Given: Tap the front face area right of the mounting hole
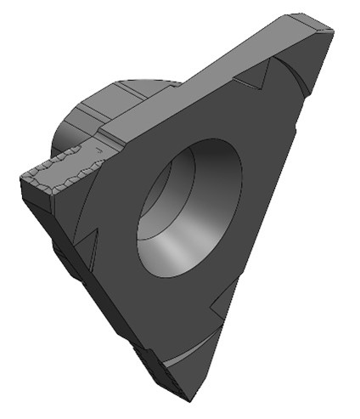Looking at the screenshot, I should tap(263, 195).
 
